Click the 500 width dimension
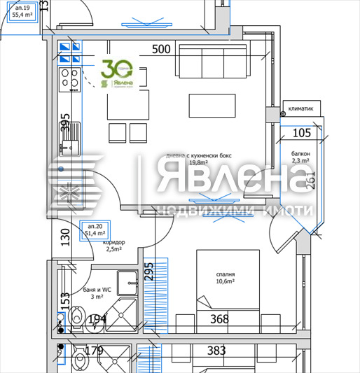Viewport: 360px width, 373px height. [162, 50]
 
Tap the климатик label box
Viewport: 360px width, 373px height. [301, 108]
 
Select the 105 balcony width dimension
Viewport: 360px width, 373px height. [301, 133]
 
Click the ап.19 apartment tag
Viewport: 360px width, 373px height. [24, 10]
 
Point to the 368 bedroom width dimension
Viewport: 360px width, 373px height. [220, 320]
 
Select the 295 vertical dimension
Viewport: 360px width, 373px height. [148, 272]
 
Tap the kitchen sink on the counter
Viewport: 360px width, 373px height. [69, 146]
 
